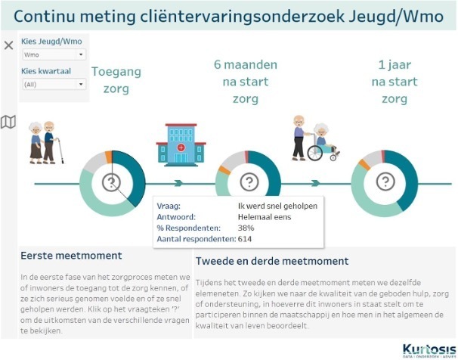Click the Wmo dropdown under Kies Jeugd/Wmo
[54, 54]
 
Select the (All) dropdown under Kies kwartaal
[54, 84]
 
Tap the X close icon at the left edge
[8, 45]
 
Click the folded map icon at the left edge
[8, 122]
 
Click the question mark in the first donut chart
[112, 182]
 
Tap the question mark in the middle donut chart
[248, 182]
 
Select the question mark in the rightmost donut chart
[384, 182]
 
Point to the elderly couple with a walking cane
[45, 141]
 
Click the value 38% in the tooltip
[244, 228]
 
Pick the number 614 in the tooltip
[244, 239]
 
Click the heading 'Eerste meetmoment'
[71, 256]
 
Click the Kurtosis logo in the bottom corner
[427, 349]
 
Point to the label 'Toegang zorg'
[111, 80]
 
